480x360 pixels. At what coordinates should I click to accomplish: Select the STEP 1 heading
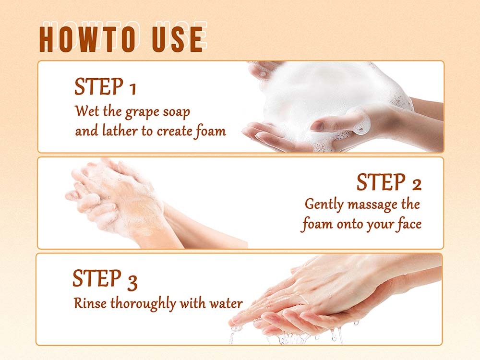point(105,86)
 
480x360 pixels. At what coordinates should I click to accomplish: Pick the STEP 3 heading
point(105,279)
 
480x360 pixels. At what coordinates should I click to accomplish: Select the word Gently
point(324,205)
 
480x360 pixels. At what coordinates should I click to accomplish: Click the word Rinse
point(90,303)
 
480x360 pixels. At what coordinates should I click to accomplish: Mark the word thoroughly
point(143,304)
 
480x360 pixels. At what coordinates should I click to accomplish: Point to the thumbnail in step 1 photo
point(318,125)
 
